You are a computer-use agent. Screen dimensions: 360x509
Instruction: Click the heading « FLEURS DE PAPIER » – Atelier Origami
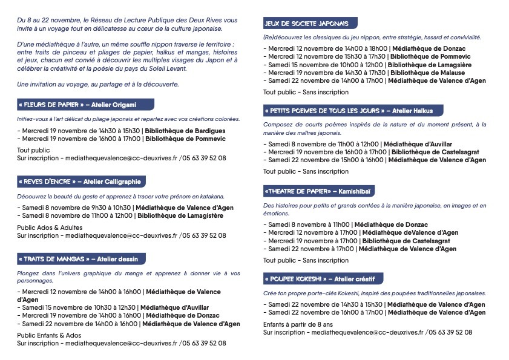(x=76, y=104)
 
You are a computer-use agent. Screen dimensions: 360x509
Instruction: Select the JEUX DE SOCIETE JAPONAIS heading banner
(x=309, y=24)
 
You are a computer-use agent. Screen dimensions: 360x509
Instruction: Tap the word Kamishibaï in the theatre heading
(x=358, y=191)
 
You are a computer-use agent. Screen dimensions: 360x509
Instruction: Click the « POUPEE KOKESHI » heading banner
(x=320, y=279)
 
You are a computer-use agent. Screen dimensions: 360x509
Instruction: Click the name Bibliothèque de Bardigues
(x=186, y=130)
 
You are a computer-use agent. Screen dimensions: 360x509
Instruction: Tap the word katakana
(x=211, y=197)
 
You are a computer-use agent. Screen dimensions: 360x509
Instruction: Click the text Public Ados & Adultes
(x=50, y=228)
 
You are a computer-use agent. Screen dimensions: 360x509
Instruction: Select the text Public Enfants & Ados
(x=49, y=335)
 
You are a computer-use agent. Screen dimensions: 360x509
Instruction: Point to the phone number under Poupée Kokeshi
(x=451, y=333)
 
